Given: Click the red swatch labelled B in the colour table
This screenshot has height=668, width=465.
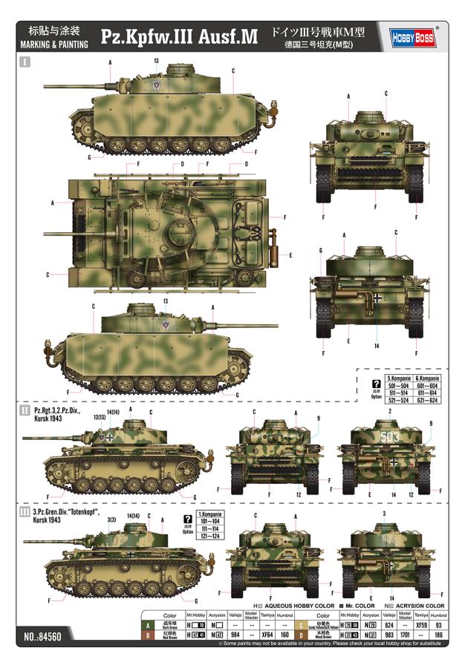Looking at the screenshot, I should [x=149, y=635].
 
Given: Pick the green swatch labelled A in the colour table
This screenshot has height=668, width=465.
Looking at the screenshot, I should [x=149, y=626].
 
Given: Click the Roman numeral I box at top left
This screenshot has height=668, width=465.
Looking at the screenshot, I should [x=27, y=64].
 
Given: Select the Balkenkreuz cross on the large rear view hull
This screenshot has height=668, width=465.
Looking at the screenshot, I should [x=377, y=298].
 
